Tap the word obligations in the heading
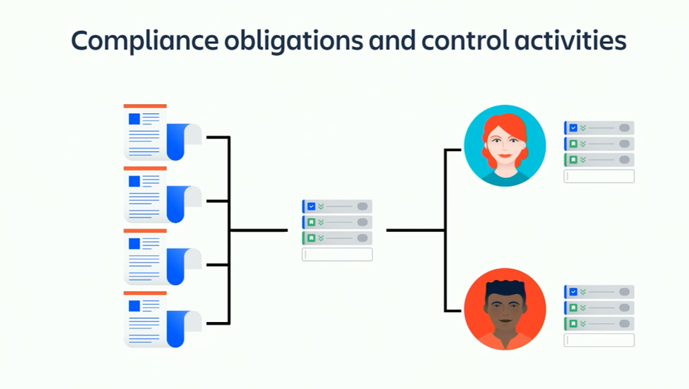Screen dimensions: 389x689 (292, 41)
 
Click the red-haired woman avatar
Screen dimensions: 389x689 (505, 146)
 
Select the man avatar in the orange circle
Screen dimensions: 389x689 (505, 309)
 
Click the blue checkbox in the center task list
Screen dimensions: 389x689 (312, 206)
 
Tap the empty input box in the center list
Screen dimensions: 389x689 (337, 255)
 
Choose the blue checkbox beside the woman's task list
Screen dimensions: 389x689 (573, 128)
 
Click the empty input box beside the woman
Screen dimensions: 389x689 (599, 177)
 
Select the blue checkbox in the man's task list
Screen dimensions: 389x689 (573, 292)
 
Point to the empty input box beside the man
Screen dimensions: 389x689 (599, 341)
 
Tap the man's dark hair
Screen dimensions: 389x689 (505, 288)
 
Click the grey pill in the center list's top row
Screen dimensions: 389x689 (362, 206)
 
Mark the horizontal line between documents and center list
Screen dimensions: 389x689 (259, 230)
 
